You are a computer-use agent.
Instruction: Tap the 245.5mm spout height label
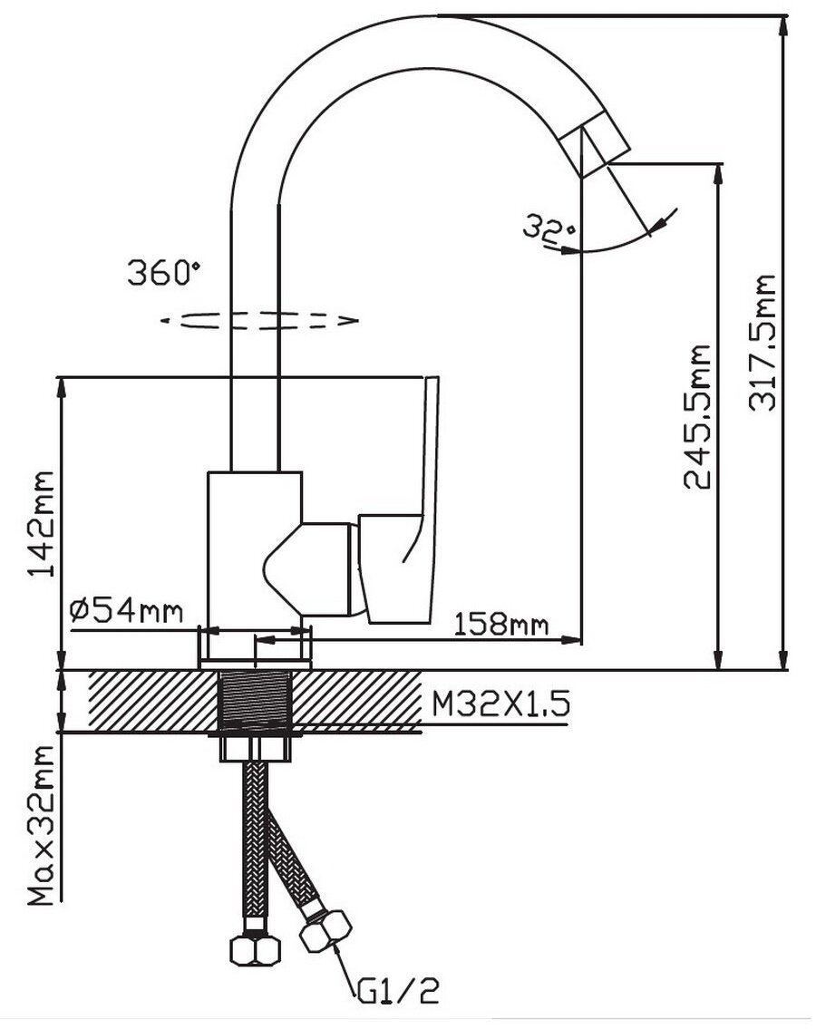(696, 417)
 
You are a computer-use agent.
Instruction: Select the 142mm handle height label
(42, 523)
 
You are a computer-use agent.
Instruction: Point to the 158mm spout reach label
(500, 624)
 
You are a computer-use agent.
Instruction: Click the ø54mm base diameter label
(126, 611)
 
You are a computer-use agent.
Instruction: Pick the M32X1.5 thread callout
(500, 704)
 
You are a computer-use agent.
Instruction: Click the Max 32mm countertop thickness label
(44, 825)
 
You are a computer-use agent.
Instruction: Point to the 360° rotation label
(163, 273)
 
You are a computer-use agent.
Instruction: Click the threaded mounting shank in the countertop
(257, 700)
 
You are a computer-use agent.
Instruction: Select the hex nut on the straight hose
(256, 946)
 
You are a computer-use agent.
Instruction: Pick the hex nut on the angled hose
(325, 929)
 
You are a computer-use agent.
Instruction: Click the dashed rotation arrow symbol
(260, 320)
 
